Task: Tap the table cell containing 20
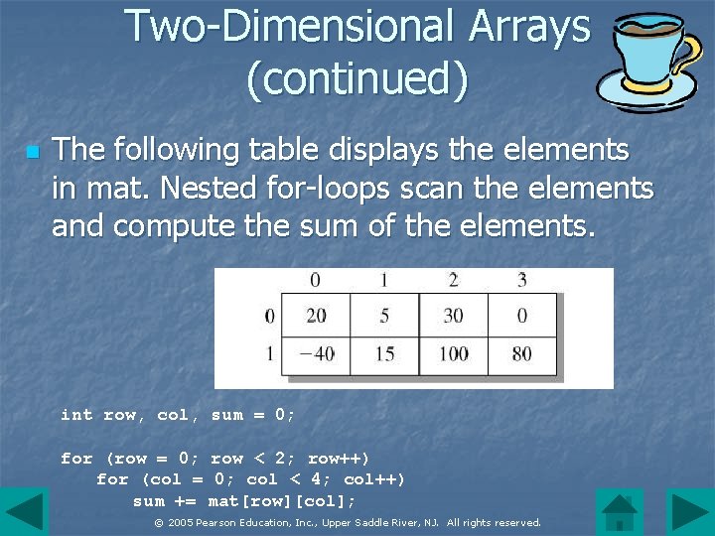316,316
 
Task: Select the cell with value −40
316,353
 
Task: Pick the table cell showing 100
453,353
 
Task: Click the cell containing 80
521,353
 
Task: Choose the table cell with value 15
384,353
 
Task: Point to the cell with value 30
453,316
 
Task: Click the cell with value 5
384,316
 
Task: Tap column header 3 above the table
521,280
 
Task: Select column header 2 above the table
453,280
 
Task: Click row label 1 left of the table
269,353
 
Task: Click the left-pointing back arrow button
24,512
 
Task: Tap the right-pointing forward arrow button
689,512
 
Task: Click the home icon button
621,512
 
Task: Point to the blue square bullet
31,152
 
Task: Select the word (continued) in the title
357,79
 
